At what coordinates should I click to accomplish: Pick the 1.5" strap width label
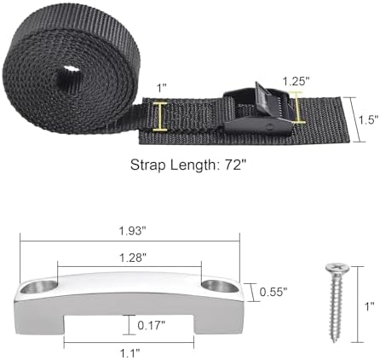click(366, 119)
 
